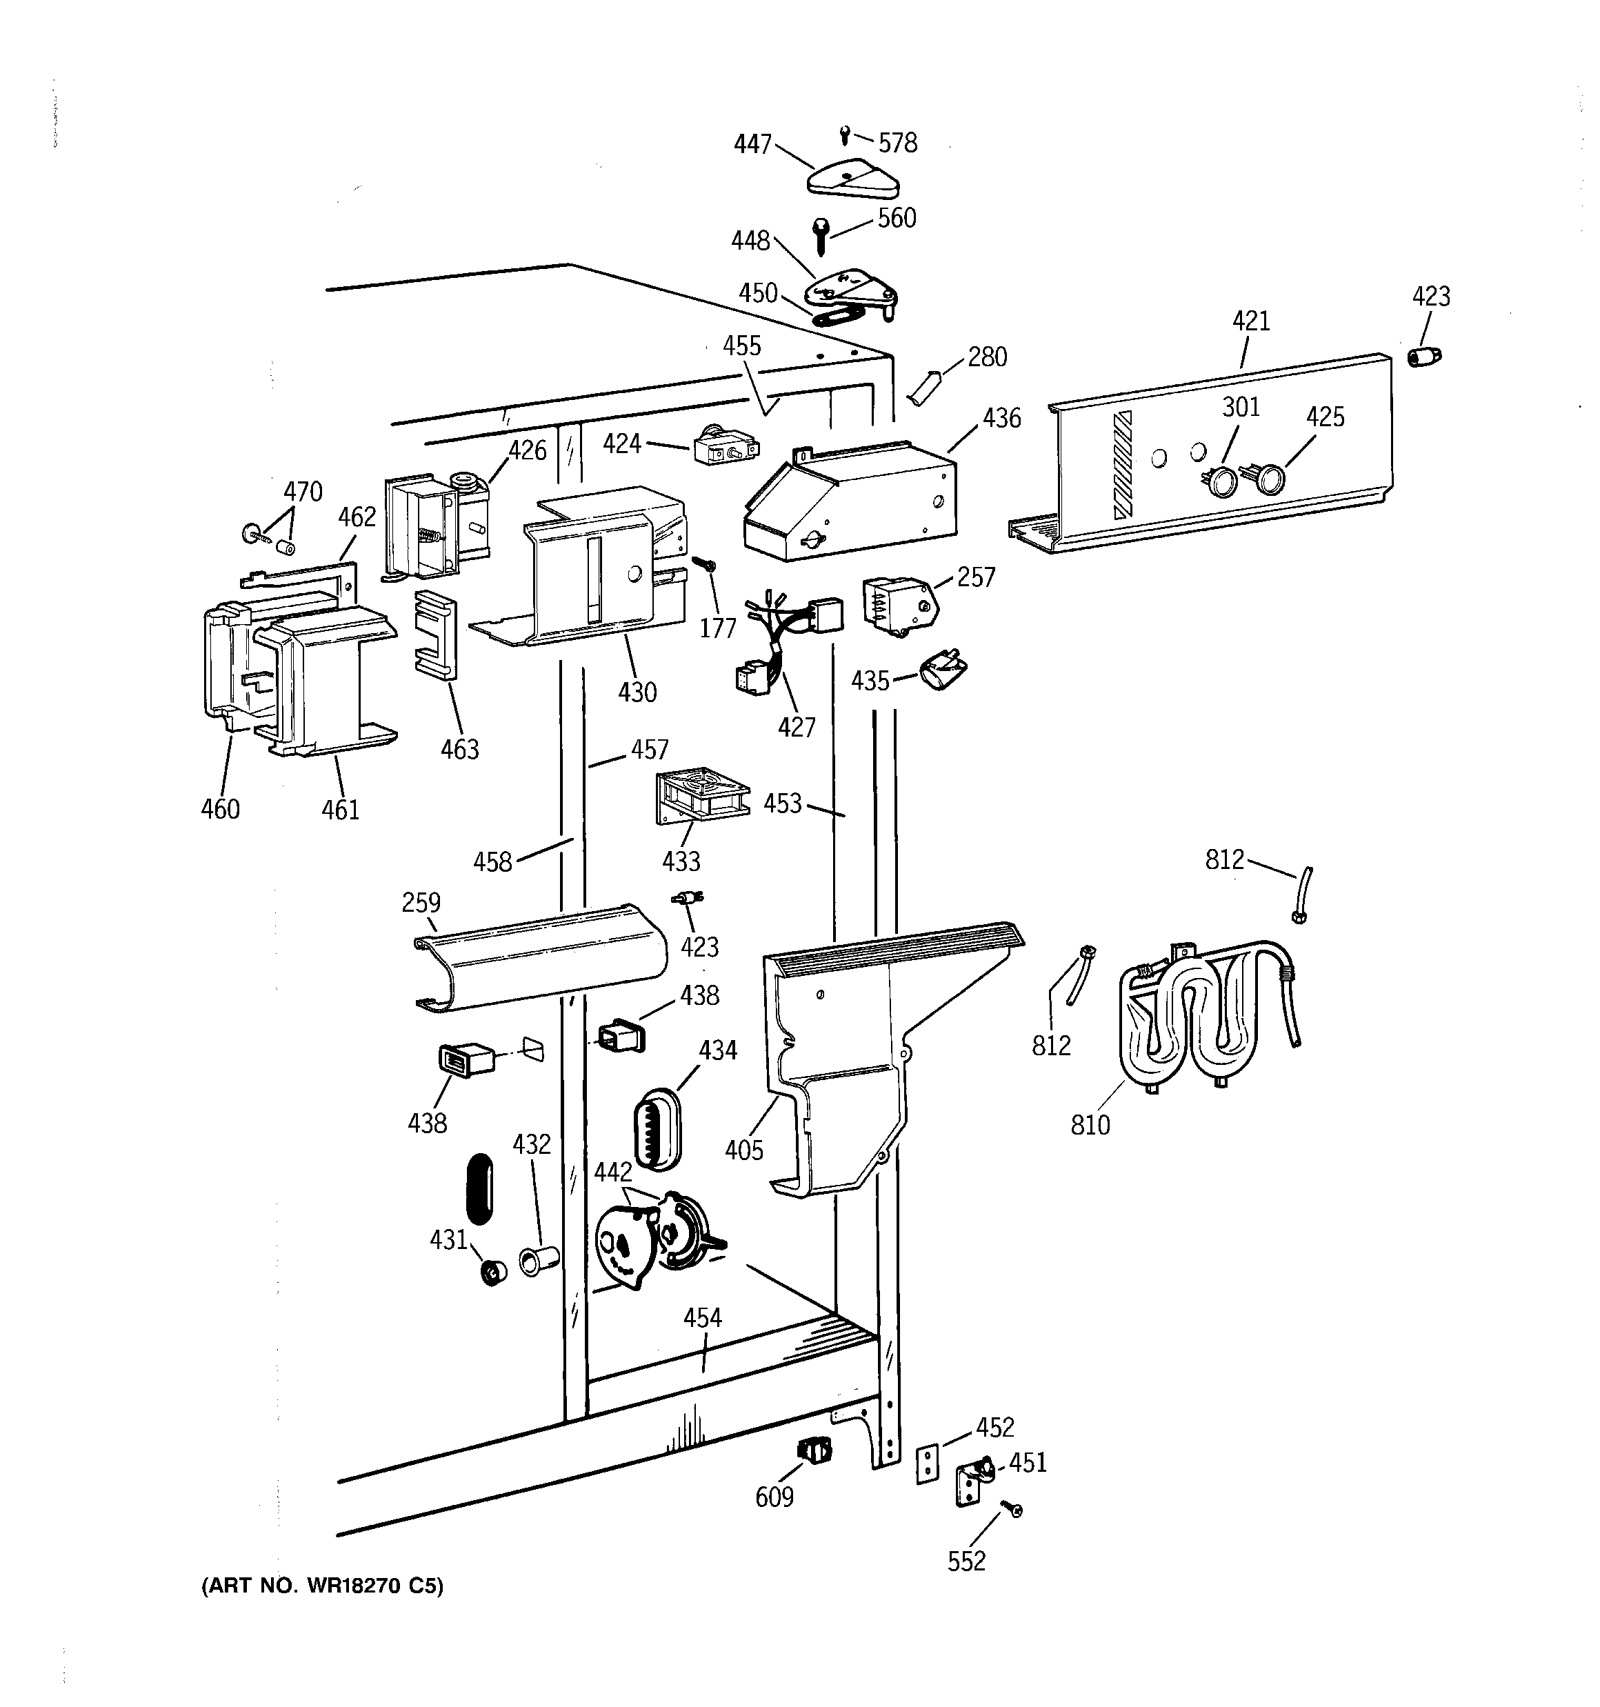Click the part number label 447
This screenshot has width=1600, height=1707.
pos(752,144)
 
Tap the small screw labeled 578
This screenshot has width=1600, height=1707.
pos(845,134)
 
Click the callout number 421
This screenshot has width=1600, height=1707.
pos(1250,321)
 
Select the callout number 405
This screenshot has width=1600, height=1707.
pos(743,1150)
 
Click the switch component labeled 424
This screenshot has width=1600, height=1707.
pos(725,448)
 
